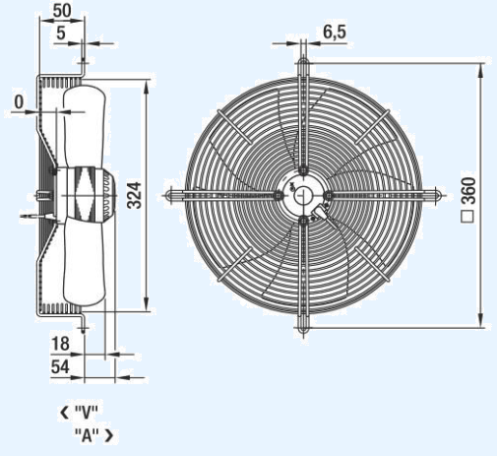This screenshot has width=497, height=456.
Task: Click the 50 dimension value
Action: [62, 11]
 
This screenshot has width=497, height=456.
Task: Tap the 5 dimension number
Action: [61, 33]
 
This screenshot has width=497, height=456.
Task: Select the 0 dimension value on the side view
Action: [19, 101]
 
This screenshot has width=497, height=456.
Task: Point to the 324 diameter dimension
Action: [134, 195]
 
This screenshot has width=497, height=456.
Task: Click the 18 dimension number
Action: [60, 344]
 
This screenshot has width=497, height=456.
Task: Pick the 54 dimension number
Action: [60, 366]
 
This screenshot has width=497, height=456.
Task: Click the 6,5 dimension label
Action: [335, 32]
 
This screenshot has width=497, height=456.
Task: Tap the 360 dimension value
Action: [468, 191]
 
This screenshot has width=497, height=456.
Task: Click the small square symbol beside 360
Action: [467, 217]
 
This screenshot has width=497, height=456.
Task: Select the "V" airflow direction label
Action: [87, 413]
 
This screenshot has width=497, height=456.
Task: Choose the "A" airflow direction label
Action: [87, 435]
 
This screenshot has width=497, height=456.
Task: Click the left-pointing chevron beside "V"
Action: [64, 413]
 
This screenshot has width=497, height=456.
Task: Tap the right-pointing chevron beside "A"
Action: [109, 435]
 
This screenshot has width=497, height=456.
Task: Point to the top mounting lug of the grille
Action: [302, 67]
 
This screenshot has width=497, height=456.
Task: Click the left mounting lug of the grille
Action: [175, 196]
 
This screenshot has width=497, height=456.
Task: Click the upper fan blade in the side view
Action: [85, 126]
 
